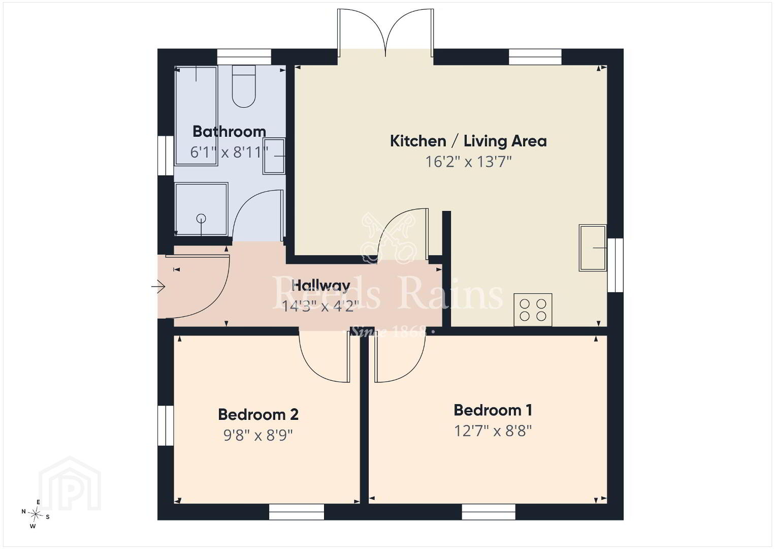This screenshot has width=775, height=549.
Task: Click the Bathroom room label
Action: (230, 132)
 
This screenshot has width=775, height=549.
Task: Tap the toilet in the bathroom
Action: (244, 86)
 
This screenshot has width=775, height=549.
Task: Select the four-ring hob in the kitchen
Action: (533, 310)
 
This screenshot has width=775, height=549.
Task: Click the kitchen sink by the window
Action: (593, 248)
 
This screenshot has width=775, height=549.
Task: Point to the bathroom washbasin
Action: (274, 156)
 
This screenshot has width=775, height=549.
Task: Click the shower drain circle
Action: (201, 219)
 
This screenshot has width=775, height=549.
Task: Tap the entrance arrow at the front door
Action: (158, 287)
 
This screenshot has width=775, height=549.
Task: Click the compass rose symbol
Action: (35, 514)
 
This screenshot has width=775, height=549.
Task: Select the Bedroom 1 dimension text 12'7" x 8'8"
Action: (493, 431)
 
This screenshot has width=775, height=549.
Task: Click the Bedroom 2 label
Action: (258, 415)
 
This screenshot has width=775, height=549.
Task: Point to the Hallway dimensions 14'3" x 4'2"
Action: (320, 306)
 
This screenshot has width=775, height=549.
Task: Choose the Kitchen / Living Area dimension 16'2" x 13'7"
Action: (468, 162)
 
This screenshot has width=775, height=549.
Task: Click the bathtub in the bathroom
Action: (196, 115)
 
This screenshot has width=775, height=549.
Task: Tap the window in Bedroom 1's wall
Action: (489, 512)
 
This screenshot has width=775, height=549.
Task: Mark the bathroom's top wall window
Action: (244, 57)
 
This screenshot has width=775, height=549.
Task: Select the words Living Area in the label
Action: (505, 141)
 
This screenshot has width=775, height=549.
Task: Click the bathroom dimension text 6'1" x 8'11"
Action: (230, 152)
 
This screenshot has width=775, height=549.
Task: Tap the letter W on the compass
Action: (33, 527)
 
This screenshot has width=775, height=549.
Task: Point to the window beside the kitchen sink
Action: (616, 265)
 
